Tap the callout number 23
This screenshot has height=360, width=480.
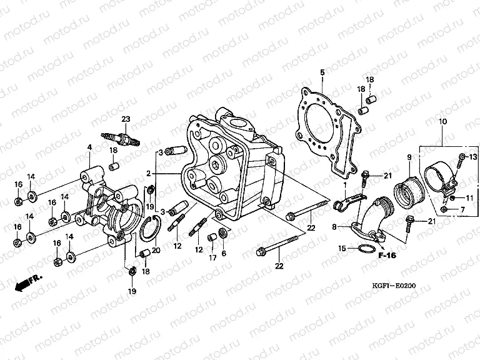pos(126,119)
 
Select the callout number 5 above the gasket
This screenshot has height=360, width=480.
pos(322,73)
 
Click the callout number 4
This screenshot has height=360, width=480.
pos(89,147)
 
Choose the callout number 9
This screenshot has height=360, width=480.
pos(410,156)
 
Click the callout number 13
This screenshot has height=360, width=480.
pos(472,156)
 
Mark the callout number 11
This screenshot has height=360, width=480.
pos(470,198)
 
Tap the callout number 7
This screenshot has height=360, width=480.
pos(463,209)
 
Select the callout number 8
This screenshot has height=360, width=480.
pos(334,226)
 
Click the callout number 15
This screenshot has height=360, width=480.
pos(341,249)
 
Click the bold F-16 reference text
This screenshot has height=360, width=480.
pos(387,256)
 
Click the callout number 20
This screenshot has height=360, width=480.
pos(156,250)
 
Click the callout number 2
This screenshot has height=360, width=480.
pos(149,173)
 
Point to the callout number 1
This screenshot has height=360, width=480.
pos(344,186)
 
